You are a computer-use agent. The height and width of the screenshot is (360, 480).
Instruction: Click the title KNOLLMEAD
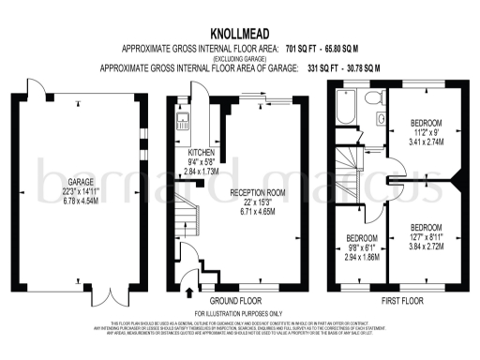pyautogui.click(x=239, y=30)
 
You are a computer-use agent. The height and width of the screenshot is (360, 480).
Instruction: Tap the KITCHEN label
pyautogui.click(x=202, y=153)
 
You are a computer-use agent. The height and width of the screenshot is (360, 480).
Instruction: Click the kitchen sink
pyautogui.click(x=185, y=118)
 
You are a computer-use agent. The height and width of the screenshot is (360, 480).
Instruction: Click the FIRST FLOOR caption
pyautogui.click(x=398, y=300)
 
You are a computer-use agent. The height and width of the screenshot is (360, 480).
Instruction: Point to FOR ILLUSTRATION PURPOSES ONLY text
pyautogui.click(x=239, y=312)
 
